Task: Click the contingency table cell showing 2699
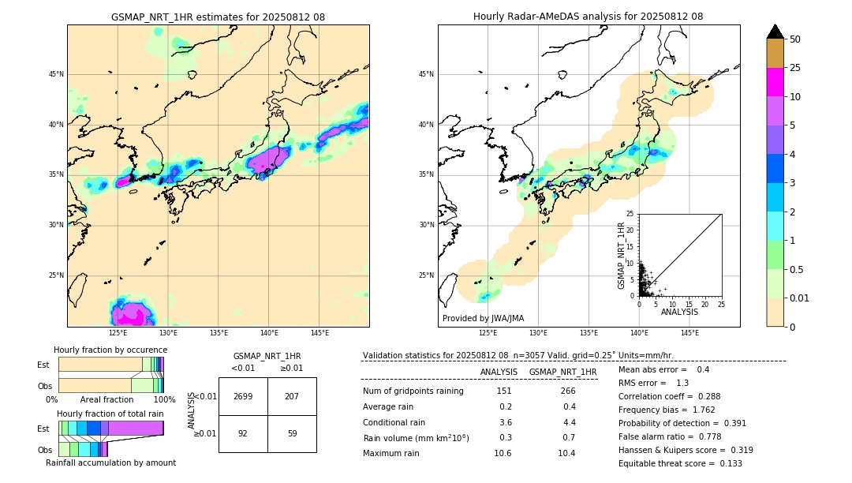tap(243, 396)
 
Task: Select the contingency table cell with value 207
tap(292, 396)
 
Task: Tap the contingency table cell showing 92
tap(243, 432)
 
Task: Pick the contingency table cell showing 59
tap(292, 432)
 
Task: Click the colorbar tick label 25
tap(795, 69)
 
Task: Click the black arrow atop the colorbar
tap(775, 32)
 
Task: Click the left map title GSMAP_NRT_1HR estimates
tap(218, 17)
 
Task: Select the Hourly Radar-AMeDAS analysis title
tap(588, 17)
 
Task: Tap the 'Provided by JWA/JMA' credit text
tap(483, 318)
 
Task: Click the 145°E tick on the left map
tap(319, 333)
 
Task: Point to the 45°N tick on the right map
tap(426, 74)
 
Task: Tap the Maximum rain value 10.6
tap(503, 453)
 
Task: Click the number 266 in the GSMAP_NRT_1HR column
tap(567, 391)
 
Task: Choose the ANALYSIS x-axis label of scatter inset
tap(679, 312)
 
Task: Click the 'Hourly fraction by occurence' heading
tap(110, 350)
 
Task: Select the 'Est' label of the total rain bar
tap(43, 428)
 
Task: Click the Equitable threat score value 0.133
tap(729, 463)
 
